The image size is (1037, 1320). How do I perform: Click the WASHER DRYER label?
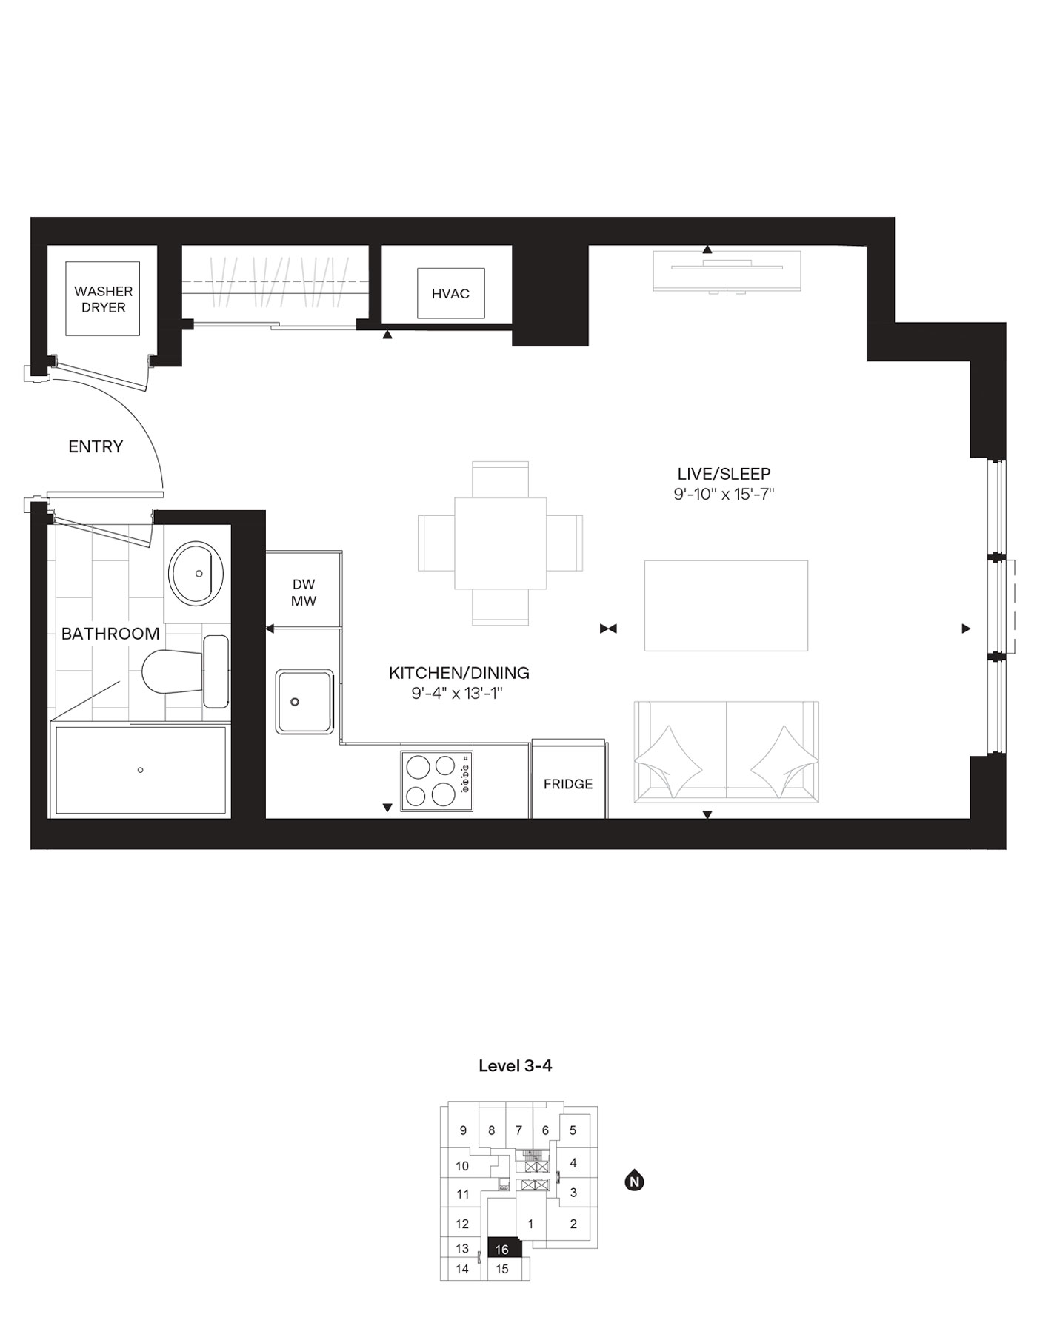[x=103, y=299]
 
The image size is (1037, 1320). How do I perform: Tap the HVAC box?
[x=450, y=294]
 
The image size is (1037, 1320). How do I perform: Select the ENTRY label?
[x=96, y=446]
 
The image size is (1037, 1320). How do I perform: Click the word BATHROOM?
[x=110, y=634]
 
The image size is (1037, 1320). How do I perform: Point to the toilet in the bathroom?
[x=174, y=671]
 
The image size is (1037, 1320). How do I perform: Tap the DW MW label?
[x=304, y=592]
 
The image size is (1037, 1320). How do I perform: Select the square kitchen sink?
[x=304, y=701]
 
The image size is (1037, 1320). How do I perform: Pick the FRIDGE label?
[x=568, y=784]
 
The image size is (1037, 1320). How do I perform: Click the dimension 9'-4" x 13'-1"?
[x=459, y=694]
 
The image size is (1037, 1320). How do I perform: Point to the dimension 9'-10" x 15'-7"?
[x=724, y=495]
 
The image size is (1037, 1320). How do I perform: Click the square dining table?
[x=500, y=543]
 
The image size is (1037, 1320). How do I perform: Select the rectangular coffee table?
[x=726, y=606]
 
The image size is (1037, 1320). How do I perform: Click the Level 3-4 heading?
[x=516, y=1066]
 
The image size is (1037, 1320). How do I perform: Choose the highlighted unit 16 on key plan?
[x=503, y=1250]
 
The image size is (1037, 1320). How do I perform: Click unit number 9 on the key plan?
[x=464, y=1130]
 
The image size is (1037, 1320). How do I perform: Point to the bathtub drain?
[x=141, y=770]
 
